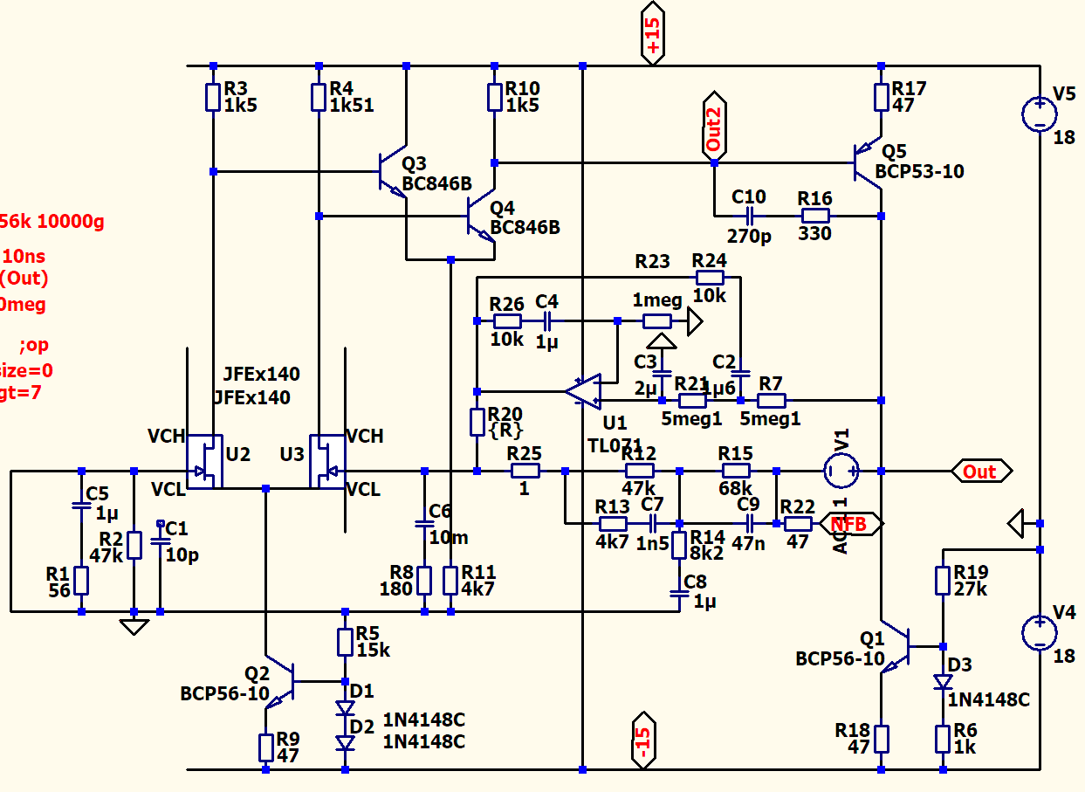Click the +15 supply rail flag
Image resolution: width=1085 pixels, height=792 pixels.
coord(653,37)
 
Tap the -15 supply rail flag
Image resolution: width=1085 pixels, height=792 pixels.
coord(643,742)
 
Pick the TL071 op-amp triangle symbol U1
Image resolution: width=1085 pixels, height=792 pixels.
coord(584,390)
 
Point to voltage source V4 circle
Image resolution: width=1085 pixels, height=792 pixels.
coord(1040,632)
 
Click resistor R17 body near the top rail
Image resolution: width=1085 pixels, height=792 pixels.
coord(881,97)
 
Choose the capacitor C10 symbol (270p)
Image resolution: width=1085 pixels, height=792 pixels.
coord(749,216)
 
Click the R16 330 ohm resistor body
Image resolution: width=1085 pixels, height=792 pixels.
coord(815,216)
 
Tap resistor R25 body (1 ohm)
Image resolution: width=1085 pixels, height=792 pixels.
coord(525,472)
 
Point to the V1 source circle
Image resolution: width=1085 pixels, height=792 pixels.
coord(841,472)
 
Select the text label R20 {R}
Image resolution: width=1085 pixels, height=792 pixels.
coord(505,422)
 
